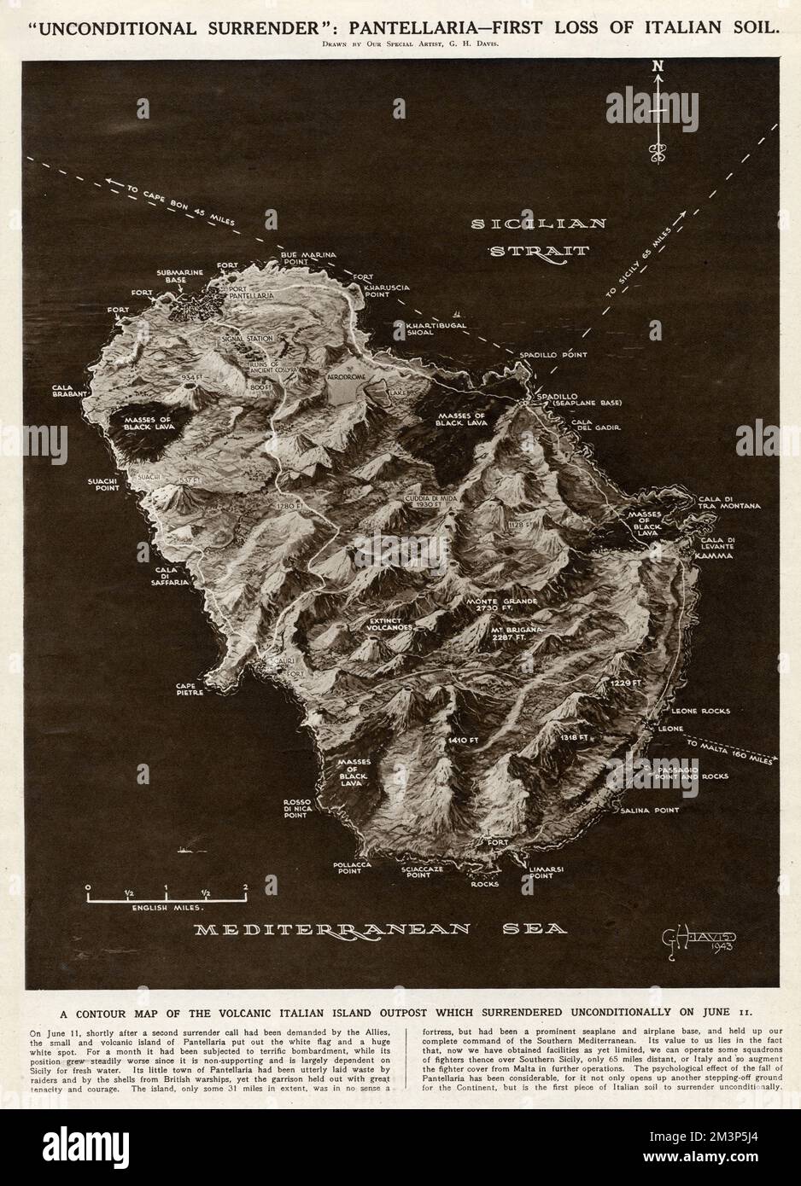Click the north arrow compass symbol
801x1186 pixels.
tap(658, 111)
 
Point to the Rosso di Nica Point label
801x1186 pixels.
tap(307, 809)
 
